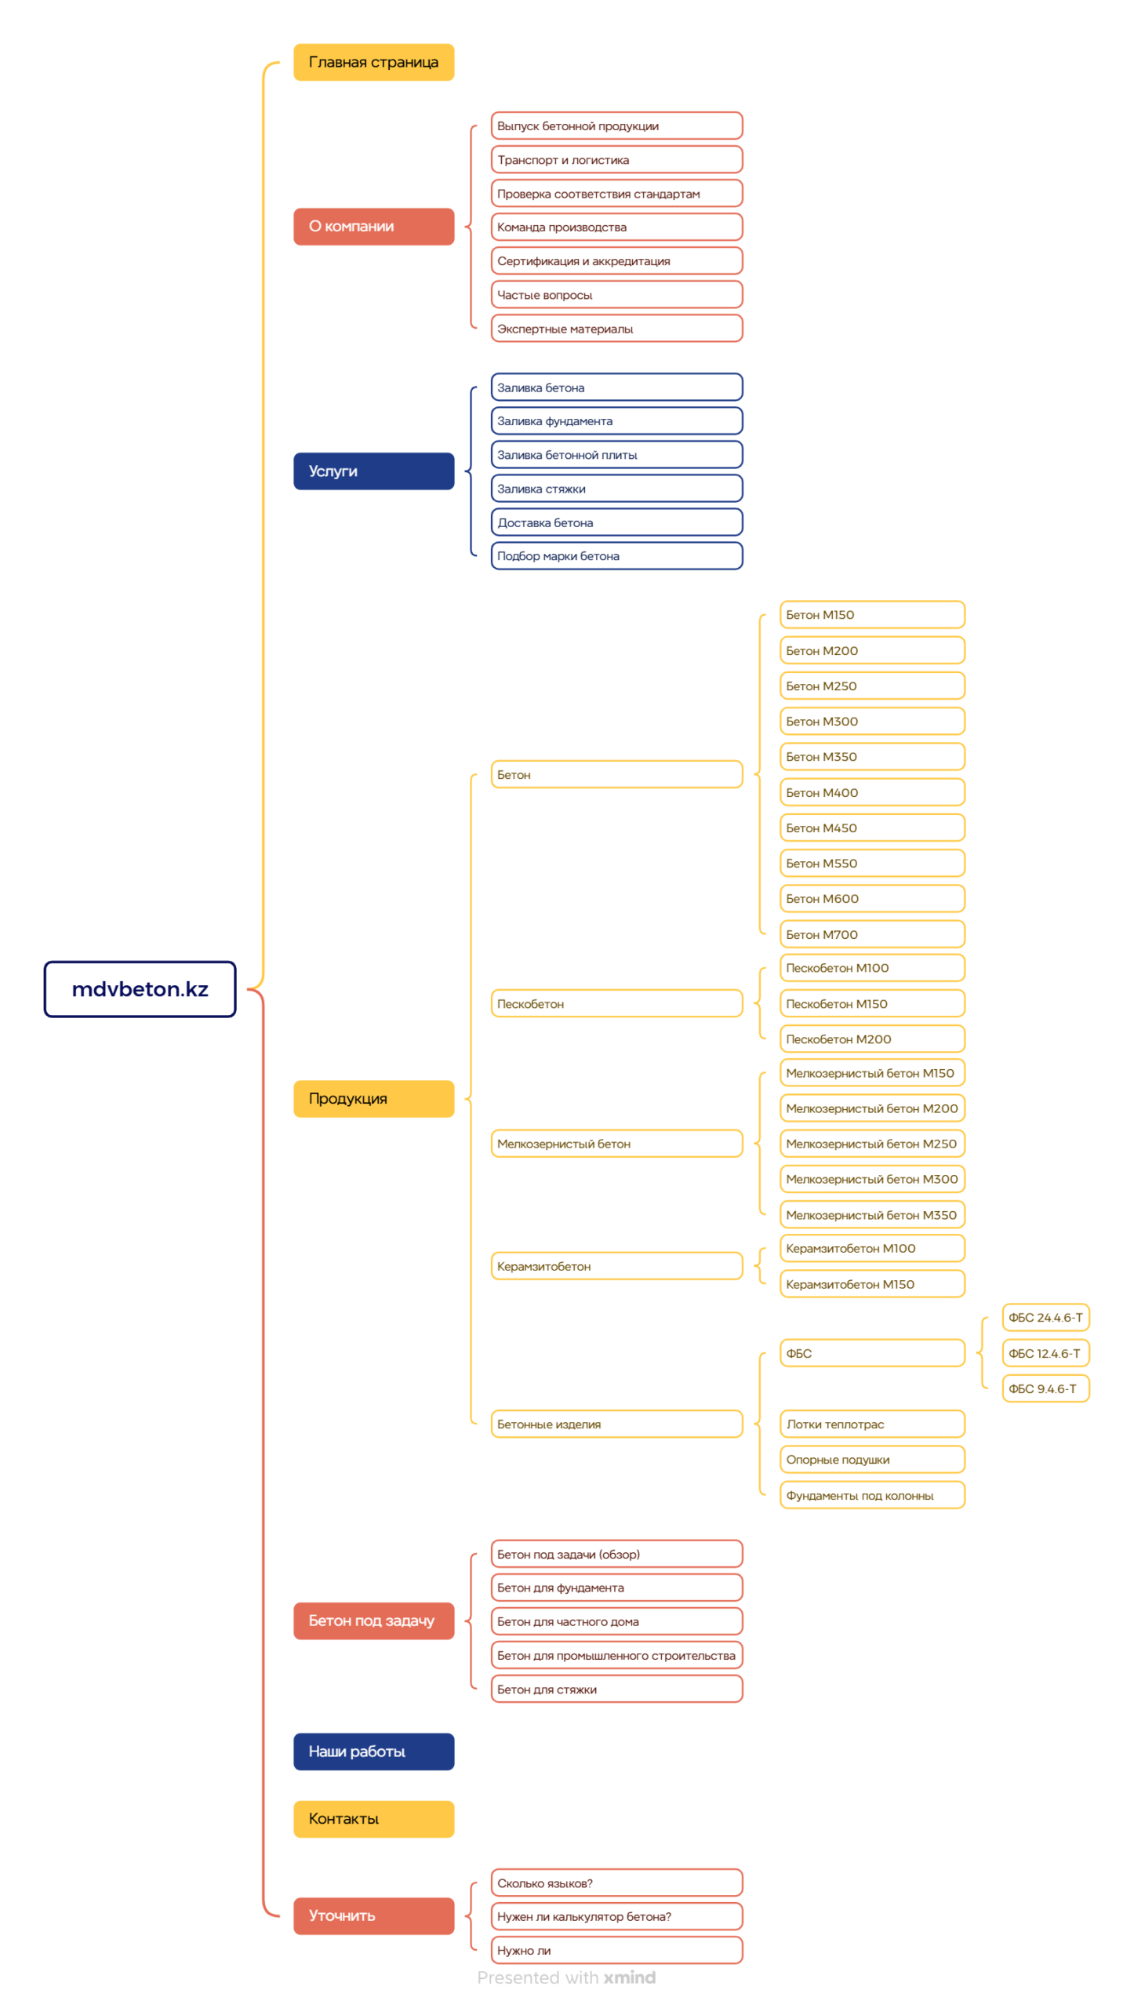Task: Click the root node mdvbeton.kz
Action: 140,988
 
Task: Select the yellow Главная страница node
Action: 373,62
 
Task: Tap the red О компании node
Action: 373,226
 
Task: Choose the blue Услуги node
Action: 373,471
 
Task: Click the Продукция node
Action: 373,1098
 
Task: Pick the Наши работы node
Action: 373,1751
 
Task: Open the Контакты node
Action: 373,1818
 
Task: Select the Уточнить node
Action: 373,1915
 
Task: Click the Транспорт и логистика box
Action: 616,159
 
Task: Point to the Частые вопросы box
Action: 616,294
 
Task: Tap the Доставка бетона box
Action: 616,522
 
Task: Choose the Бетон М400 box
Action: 872,792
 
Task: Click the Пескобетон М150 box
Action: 872,1003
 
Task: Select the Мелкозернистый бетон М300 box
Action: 872,1178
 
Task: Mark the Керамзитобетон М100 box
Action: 872,1248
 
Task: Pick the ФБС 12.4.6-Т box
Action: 1045,1353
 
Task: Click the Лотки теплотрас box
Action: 872,1424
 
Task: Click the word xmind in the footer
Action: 629,1977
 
